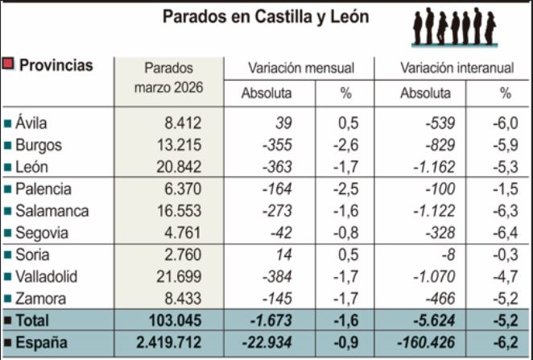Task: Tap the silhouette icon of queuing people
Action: click(454, 27)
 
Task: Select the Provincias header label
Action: click(56, 65)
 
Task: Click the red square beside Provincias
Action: click(8, 64)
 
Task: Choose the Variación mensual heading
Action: click(300, 68)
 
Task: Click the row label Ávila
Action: click(31, 123)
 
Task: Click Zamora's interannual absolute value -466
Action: click(439, 298)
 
